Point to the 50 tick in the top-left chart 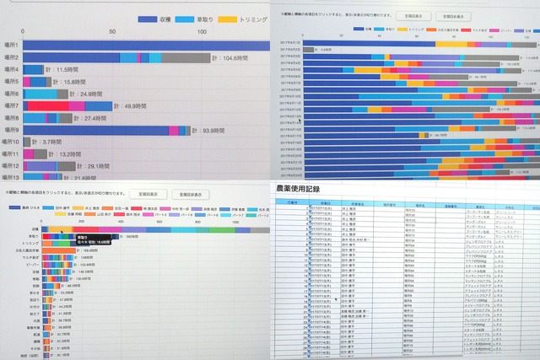[113, 31]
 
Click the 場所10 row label [13, 142]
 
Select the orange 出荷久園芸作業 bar [55, 250]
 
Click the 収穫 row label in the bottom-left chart [34, 228]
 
